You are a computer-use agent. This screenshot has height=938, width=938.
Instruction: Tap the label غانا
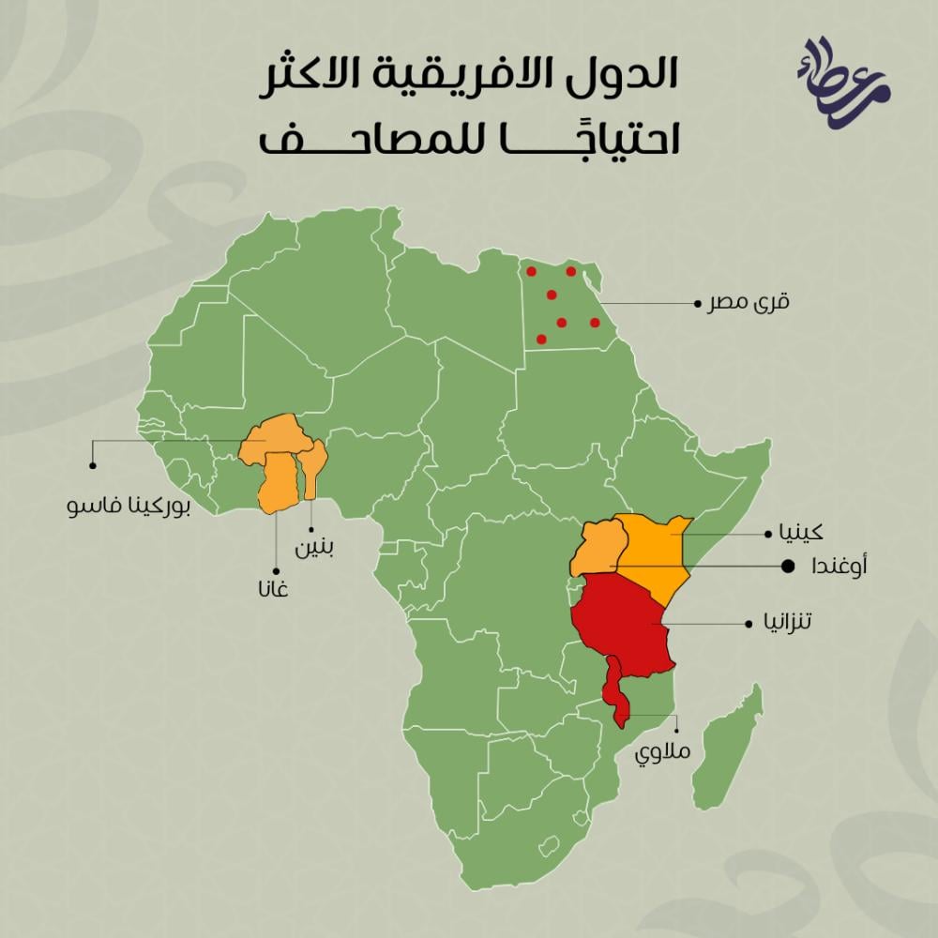pos(276,592)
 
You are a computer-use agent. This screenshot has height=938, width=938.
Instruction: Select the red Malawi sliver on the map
pos(615,694)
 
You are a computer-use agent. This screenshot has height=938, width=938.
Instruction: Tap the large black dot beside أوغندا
pos(788,567)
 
